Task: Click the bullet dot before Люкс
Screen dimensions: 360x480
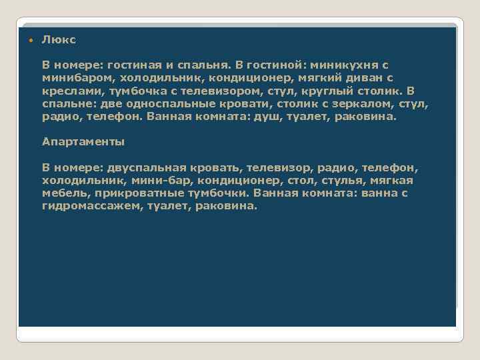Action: [x=30, y=41]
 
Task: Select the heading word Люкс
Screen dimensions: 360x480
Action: [x=59, y=40]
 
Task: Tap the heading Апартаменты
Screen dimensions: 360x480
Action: [x=83, y=142]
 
